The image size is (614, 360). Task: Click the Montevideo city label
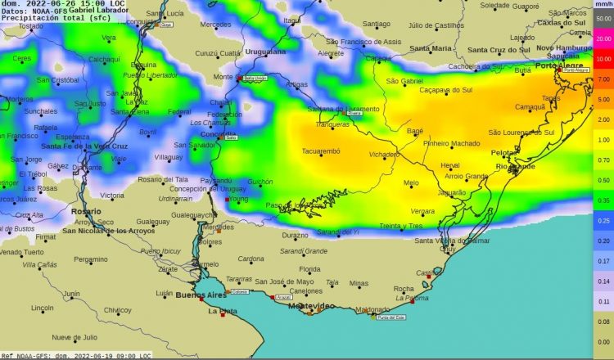coord(305,305)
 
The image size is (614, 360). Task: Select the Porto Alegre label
coord(558,65)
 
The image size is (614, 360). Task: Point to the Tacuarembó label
coord(321,151)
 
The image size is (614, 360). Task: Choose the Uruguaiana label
coord(264,51)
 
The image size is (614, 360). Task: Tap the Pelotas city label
coord(504,153)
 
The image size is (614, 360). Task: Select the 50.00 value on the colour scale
coord(603,19)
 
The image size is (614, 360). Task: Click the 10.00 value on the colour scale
coord(603,59)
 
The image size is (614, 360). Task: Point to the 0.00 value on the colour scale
coord(603,342)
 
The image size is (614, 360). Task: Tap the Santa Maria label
coord(431,48)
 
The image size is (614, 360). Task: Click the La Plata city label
coord(222,311)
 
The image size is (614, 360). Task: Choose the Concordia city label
coord(218,133)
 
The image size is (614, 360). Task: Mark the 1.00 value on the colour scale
coord(603,140)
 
